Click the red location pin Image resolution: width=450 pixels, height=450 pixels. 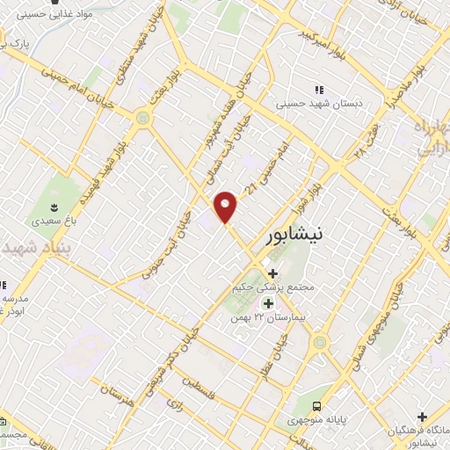[227, 206]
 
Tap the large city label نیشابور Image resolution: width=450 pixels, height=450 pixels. [300, 235]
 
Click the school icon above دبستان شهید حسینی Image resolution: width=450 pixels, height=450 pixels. [319, 90]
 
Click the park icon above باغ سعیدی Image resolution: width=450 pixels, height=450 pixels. [55, 207]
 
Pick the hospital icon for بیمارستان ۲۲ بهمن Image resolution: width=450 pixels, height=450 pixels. [267, 303]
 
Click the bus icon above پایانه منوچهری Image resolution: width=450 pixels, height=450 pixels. [315, 406]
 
